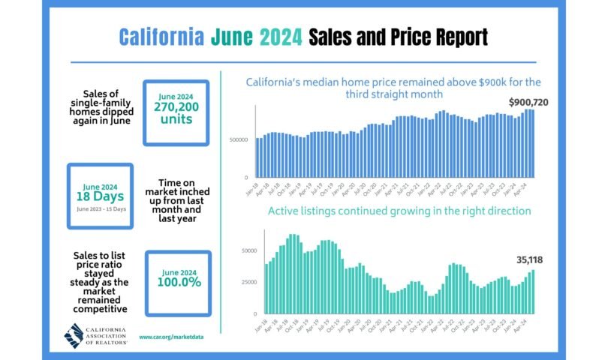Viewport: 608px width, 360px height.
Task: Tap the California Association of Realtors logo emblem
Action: click(x=74, y=335)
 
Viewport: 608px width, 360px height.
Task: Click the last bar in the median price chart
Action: click(x=533, y=143)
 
